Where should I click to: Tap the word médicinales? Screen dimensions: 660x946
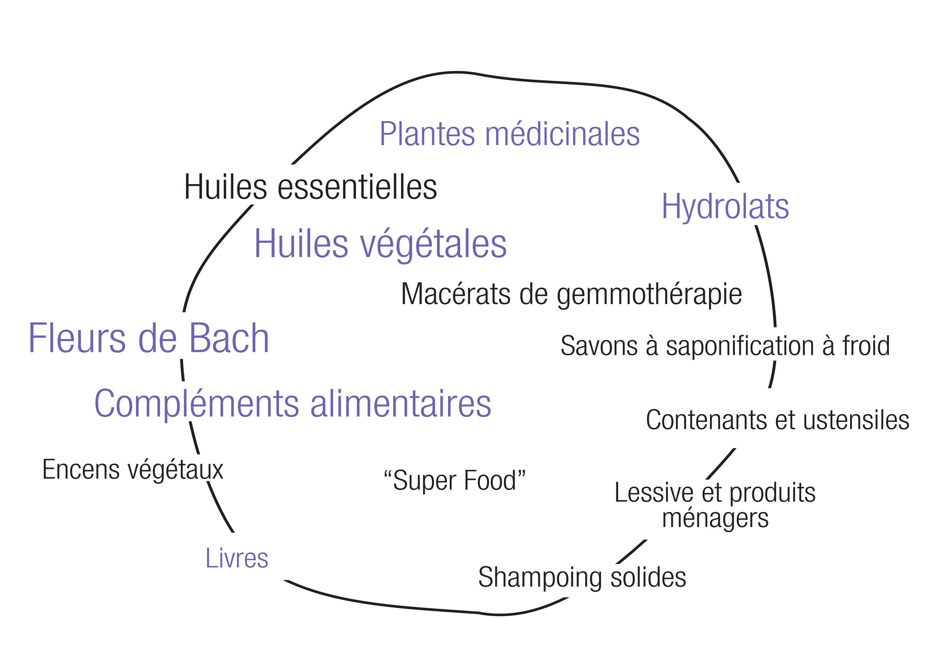[x=562, y=134]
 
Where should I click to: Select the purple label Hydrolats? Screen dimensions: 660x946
[x=725, y=207]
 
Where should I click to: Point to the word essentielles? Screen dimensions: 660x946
[x=357, y=187]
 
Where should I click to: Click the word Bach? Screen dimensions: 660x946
[x=229, y=338]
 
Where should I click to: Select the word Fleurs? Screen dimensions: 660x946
[x=77, y=338]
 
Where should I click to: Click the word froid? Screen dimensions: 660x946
[x=866, y=346]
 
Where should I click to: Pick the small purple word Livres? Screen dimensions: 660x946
[x=236, y=558]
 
